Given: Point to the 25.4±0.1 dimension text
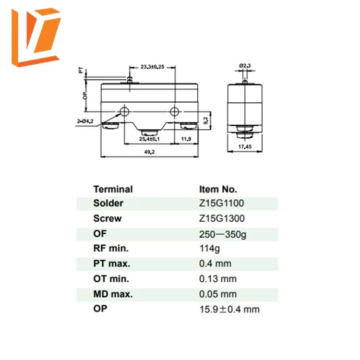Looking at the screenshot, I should coord(149,139).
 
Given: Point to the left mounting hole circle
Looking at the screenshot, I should coord(125,112).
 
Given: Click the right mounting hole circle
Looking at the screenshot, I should coord(174,112).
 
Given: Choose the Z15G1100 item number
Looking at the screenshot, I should coord(221,203).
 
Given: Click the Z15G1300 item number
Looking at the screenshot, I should coord(221,218).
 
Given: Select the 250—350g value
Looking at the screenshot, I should coord(223,234).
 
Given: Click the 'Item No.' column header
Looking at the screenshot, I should coord(218,189).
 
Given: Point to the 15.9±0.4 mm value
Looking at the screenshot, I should coord(229,309).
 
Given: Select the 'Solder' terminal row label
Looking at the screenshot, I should coord(108,203).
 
